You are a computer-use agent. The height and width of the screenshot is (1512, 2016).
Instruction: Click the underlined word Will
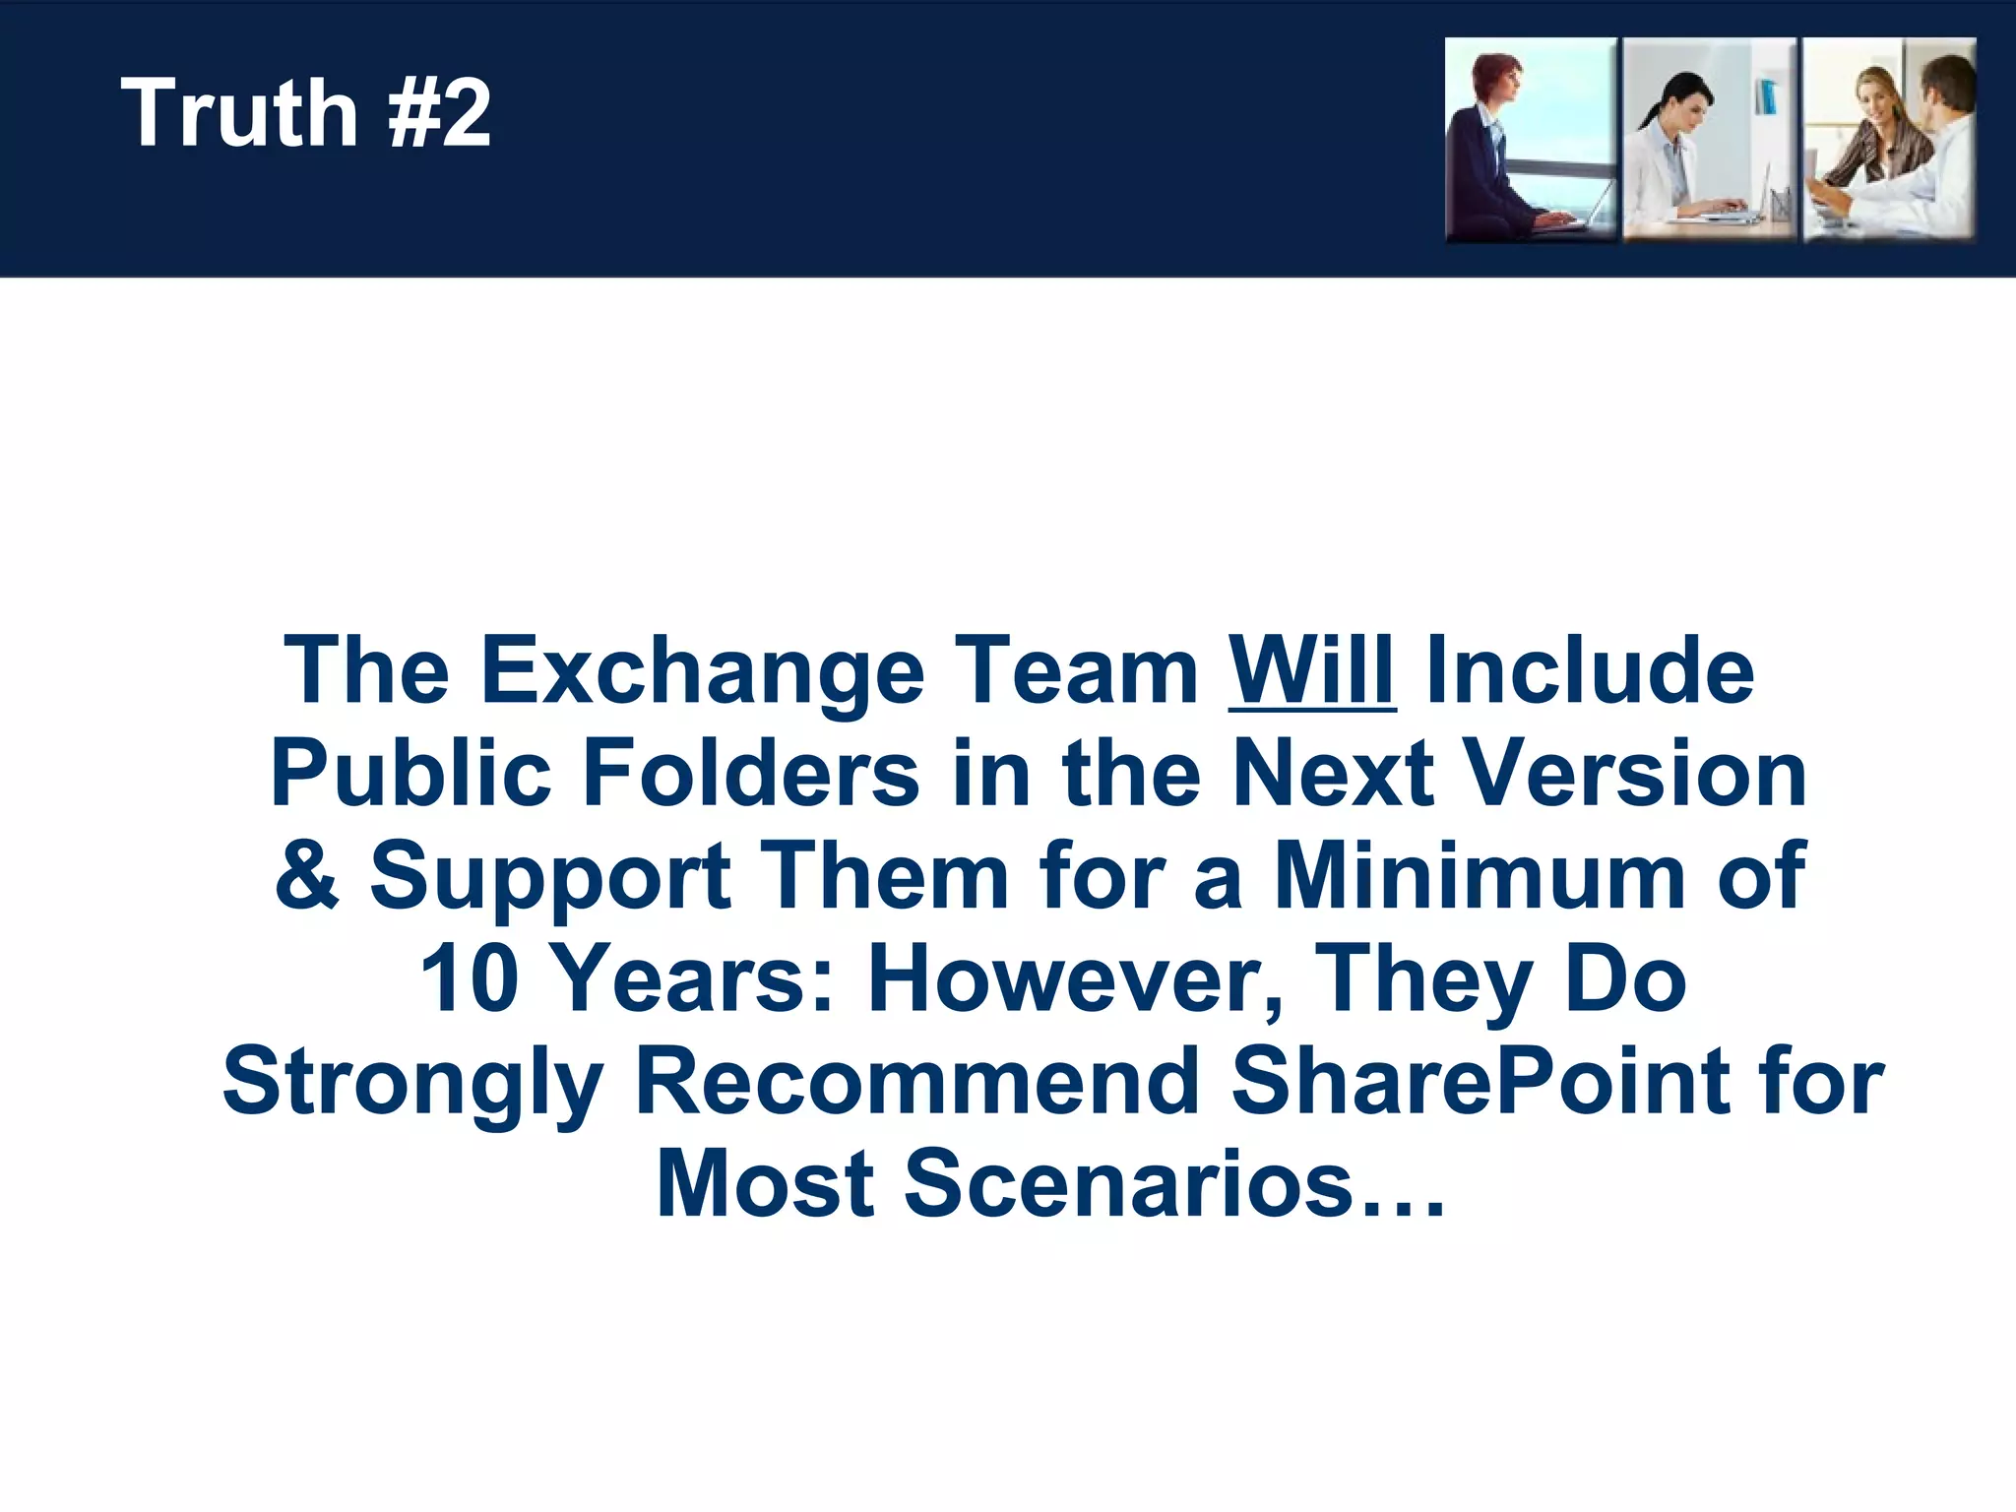tap(1311, 671)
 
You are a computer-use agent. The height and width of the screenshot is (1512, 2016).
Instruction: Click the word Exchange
tap(702, 671)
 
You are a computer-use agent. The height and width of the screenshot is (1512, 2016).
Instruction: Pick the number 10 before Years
tap(469, 978)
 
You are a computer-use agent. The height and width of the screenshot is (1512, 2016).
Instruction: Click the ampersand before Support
tap(306, 875)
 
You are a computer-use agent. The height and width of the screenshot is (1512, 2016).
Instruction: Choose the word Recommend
tap(916, 1081)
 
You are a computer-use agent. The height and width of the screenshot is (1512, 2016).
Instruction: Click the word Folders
tap(750, 774)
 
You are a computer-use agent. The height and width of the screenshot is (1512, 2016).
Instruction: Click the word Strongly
tap(412, 1083)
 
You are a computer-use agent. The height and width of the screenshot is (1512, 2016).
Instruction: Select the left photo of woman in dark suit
tap(1530, 140)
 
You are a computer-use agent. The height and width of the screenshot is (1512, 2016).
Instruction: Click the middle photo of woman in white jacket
tap(1710, 140)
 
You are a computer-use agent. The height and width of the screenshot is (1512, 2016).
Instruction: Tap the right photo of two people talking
tap(1889, 140)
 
